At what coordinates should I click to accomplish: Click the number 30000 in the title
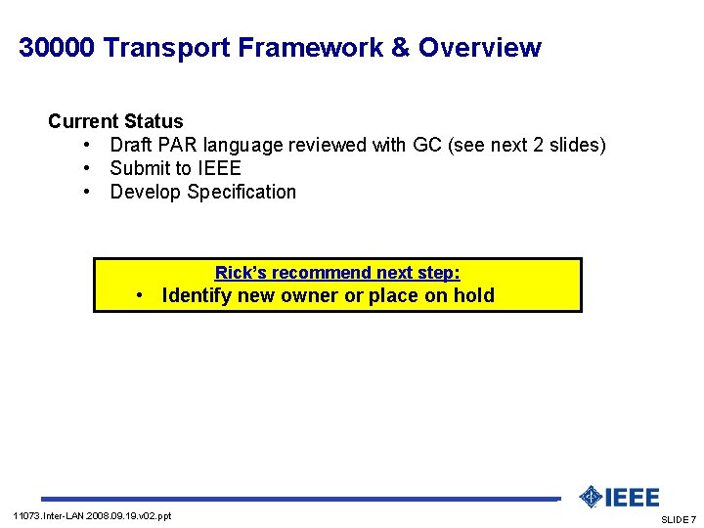click(57, 48)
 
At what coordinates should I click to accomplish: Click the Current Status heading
click(115, 122)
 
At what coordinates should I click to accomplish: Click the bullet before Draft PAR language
click(87, 146)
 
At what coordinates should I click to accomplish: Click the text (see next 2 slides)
click(529, 146)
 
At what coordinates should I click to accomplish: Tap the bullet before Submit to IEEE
click(87, 169)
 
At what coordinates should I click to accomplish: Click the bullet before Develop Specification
click(87, 193)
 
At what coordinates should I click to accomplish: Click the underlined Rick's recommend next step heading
click(337, 273)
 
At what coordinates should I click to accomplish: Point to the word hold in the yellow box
click(473, 295)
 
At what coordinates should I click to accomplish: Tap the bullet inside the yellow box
click(142, 296)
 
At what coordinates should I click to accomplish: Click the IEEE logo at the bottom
click(619, 497)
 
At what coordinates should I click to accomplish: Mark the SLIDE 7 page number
click(679, 519)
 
